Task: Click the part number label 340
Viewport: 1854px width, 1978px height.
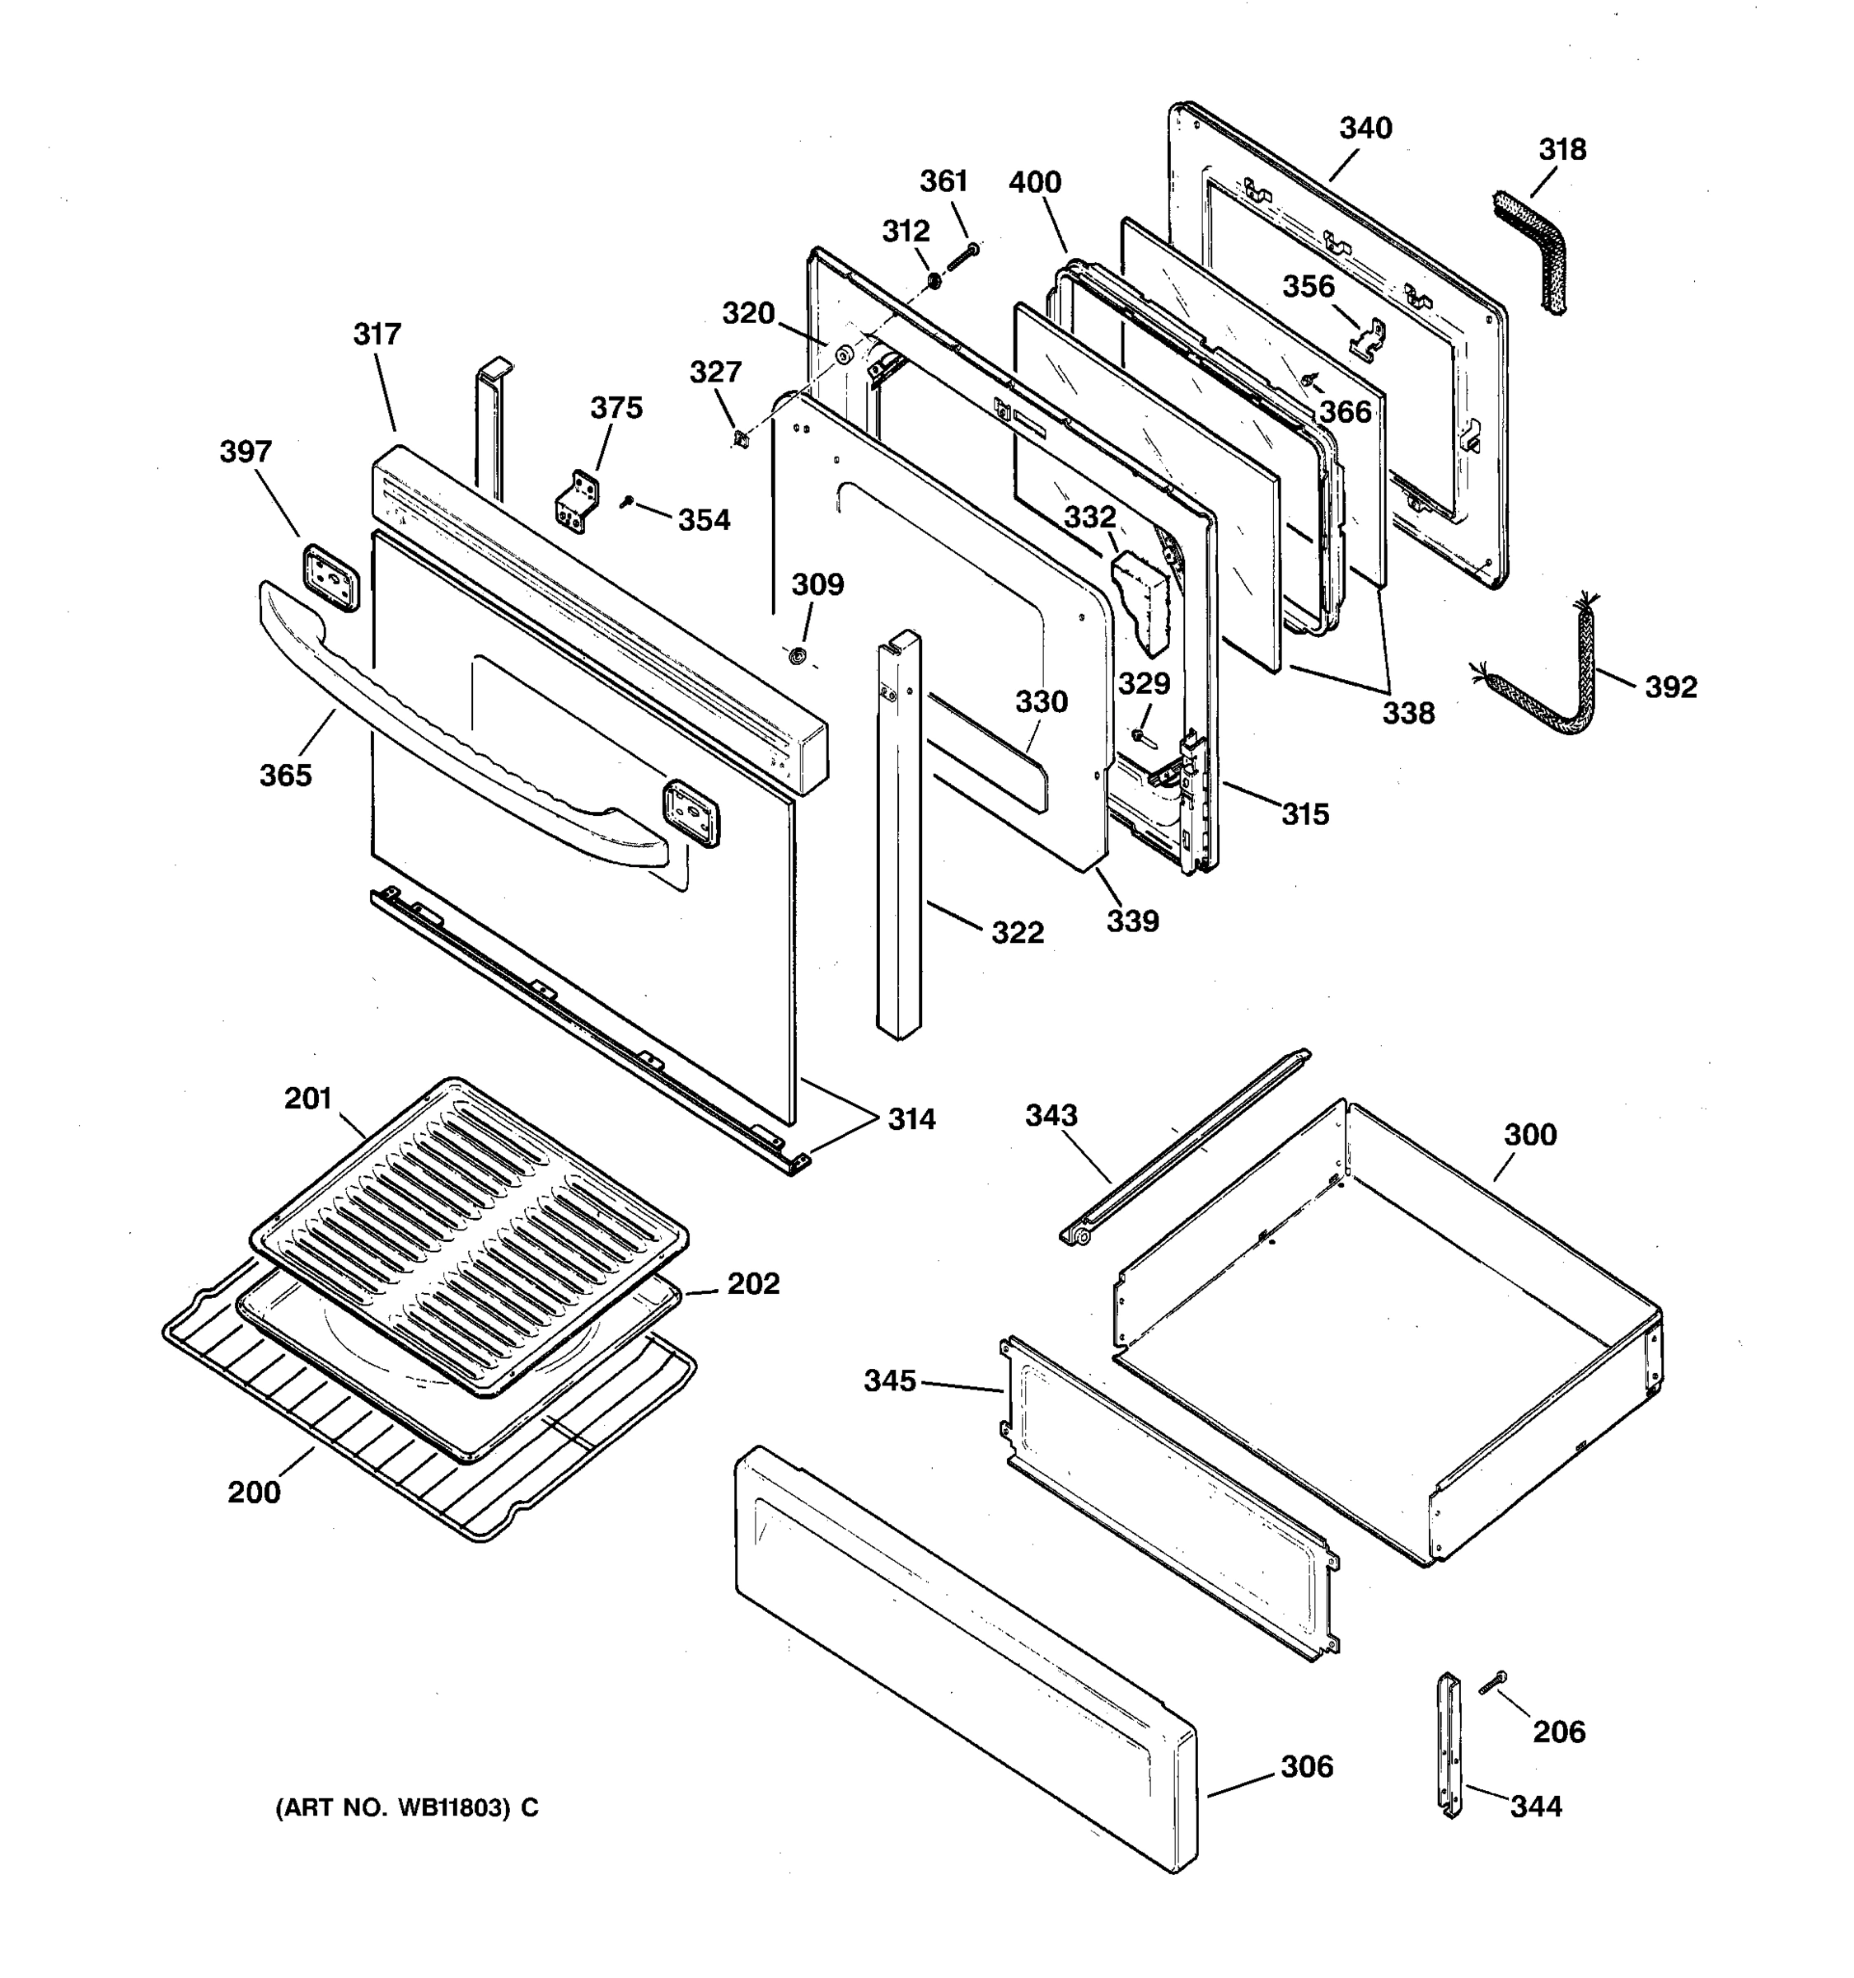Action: click(1365, 129)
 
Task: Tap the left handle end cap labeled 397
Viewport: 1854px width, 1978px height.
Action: click(330, 577)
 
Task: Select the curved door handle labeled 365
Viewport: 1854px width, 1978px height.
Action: click(457, 736)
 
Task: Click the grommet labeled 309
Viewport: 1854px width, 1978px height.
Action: click(796, 657)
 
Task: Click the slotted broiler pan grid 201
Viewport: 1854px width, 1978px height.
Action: click(467, 1234)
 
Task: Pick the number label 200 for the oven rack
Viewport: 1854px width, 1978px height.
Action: click(254, 1493)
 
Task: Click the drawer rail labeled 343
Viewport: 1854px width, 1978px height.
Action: click(1183, 1144)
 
